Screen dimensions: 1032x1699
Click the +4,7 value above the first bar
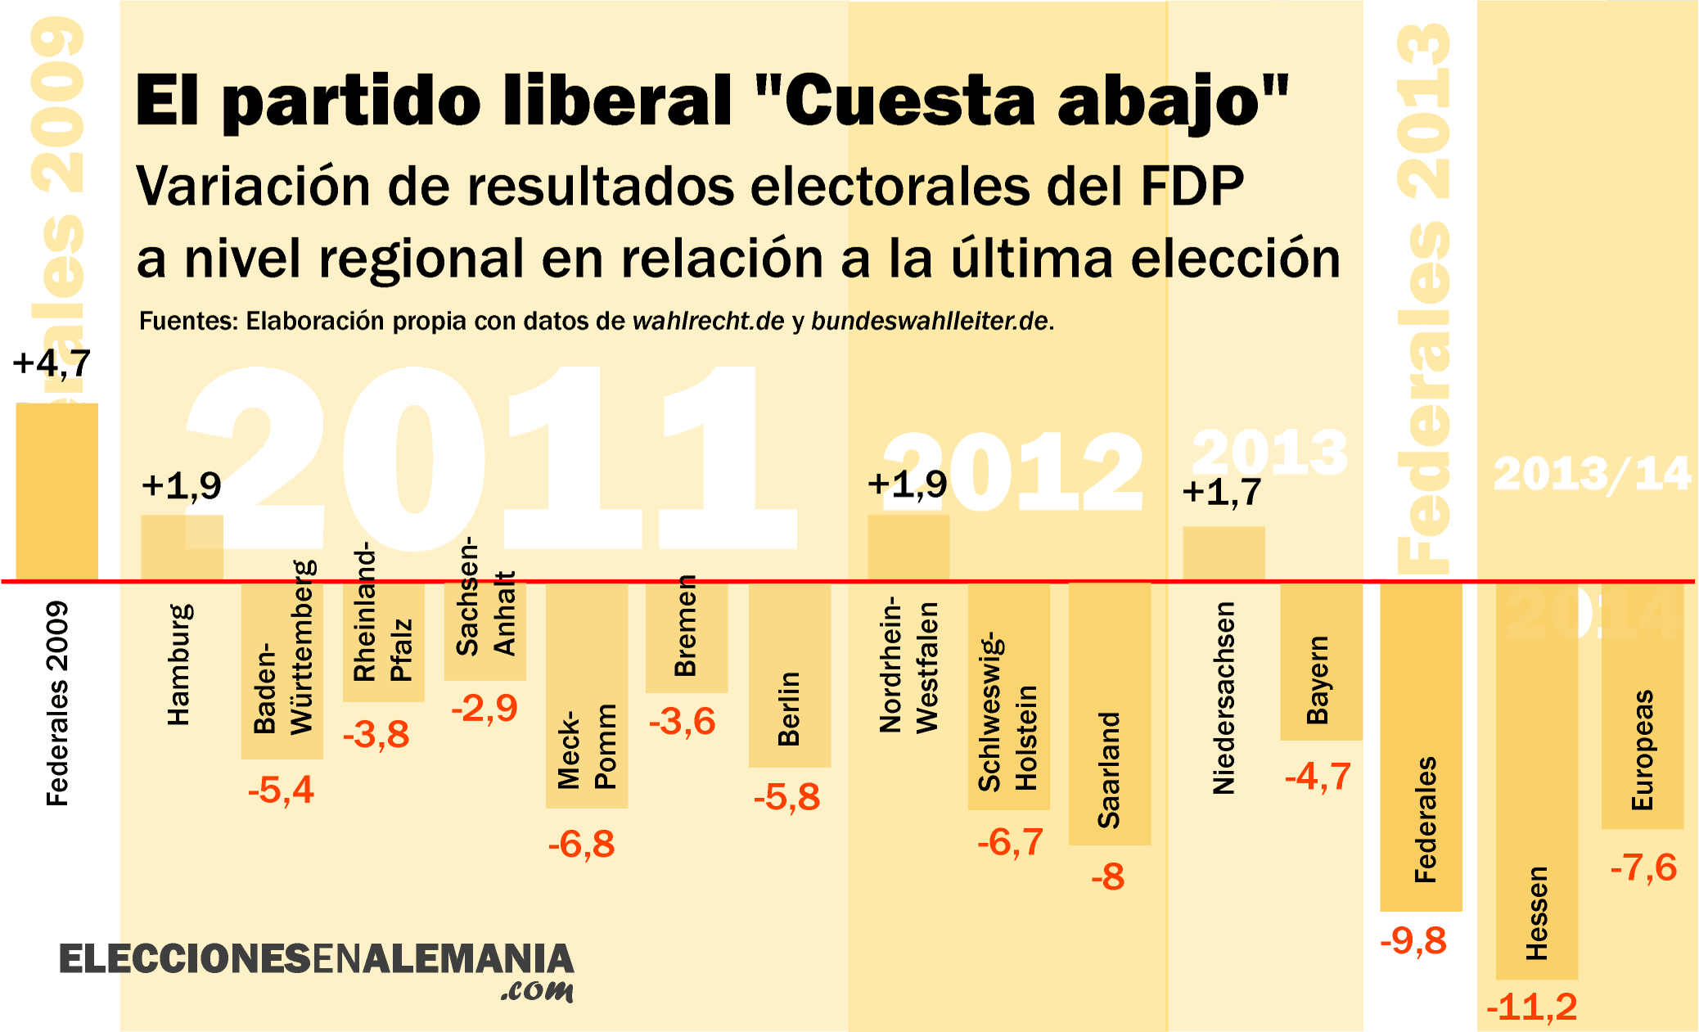click(x=52, y=363)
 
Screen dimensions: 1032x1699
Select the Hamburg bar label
click(x=178, y=665)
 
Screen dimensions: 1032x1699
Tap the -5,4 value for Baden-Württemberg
click(x=281, y=791)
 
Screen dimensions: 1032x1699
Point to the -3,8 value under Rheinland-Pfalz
click(x=376, y=735)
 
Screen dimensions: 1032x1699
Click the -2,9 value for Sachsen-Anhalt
click(x=484, y=709)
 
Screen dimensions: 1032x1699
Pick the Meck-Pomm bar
click(x=587, y=696)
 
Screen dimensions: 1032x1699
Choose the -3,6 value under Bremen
click(x=682, y=722)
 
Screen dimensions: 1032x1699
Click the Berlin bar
click(x=790, y=675)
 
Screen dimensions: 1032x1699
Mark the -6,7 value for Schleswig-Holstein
click(x=1010, y=843)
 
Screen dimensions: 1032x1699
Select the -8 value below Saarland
click(x=1108, y=877)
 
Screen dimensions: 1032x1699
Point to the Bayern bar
click(x=1321, y=661)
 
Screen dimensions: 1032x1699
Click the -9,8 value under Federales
click(x=1413, y=941)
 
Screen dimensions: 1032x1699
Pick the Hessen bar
click(x=1537, y=782)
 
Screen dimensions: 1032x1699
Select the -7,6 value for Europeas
click(x=1643, y=868)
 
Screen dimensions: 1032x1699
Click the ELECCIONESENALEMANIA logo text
click(x=316, y=960)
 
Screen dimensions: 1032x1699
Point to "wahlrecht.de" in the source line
click(x=708, y=322)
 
